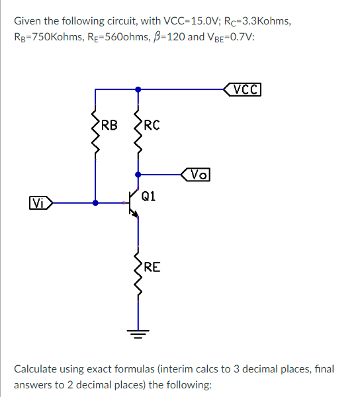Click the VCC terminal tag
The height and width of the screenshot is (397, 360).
(244, 88)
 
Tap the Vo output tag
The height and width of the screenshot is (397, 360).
(195, 175)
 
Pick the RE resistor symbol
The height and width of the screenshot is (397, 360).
(138, 275)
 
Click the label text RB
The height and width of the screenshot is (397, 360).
(110, 124)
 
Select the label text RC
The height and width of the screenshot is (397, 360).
(151, 124)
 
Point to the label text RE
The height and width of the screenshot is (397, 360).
(152, 267)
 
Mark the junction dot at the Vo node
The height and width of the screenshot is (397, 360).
(138, 175)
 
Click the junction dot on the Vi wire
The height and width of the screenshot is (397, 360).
(96, 203)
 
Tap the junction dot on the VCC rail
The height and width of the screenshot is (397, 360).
(138, 88)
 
